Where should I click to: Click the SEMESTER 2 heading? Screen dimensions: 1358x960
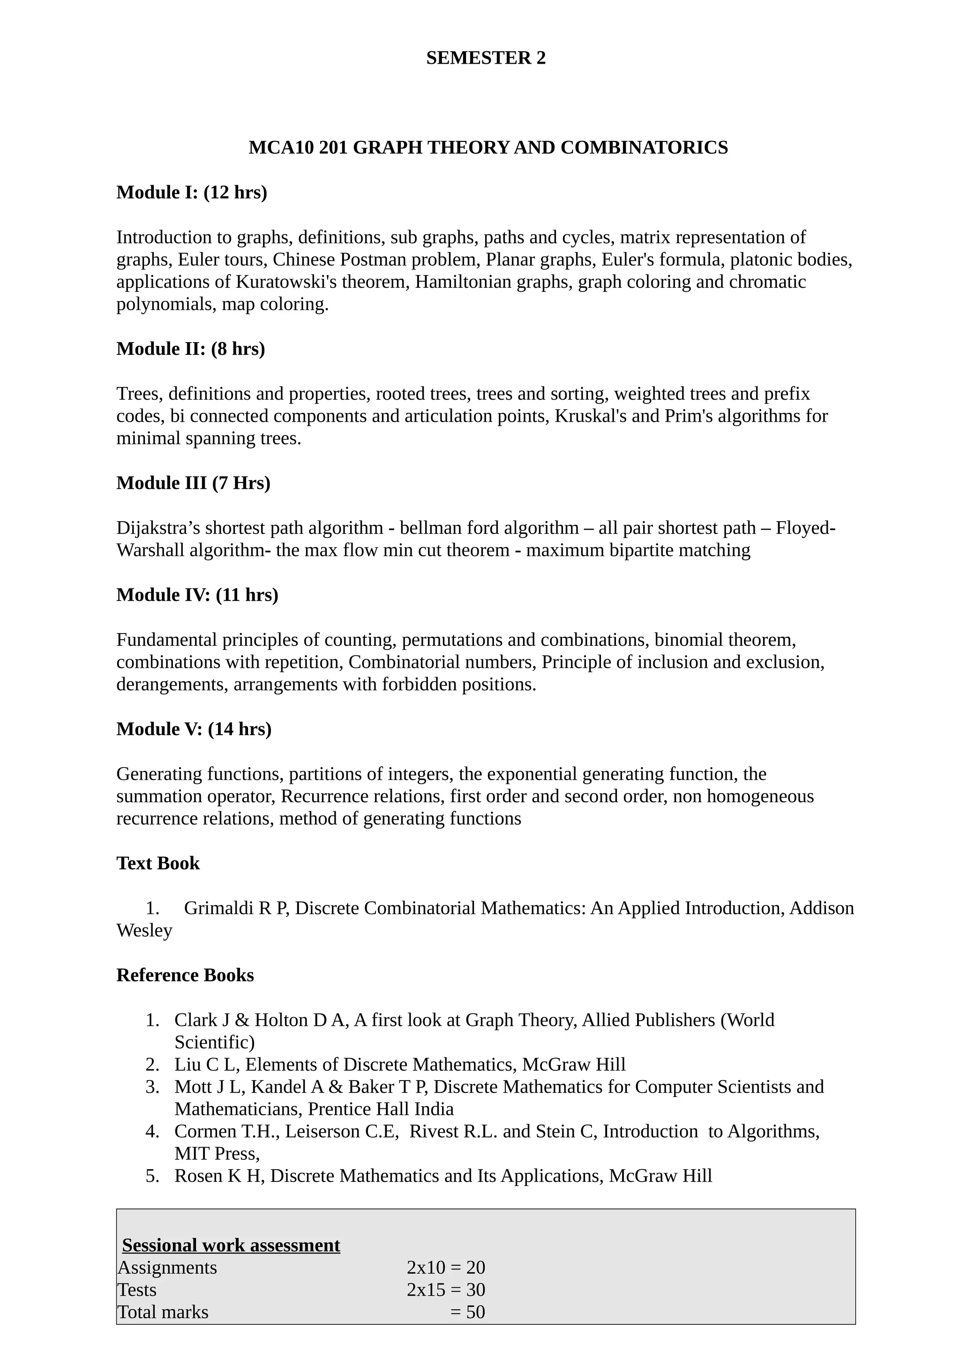click(x=486, y=58)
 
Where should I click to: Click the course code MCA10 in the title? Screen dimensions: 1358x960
click(x=280, y=147)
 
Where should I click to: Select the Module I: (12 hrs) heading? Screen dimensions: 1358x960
click(x=192, y=192)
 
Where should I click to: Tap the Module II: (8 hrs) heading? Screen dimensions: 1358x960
click(x=190, y=349)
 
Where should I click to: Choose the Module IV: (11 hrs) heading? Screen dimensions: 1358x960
click(x=197, y=595)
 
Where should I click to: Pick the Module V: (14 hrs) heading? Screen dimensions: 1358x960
click(x=194, y=729)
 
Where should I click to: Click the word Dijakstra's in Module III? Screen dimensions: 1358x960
click(x=158, y=528)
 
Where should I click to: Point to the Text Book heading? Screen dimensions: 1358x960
click(x=158, y=864)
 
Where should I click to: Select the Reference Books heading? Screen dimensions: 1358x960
click(x=185, y=975)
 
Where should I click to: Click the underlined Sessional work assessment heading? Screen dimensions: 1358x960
click(x=231, y=1245)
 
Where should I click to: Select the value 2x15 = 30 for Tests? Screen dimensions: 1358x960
click(x=445, y=1290)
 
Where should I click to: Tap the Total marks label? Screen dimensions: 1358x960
click(x=163, y=1313)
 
